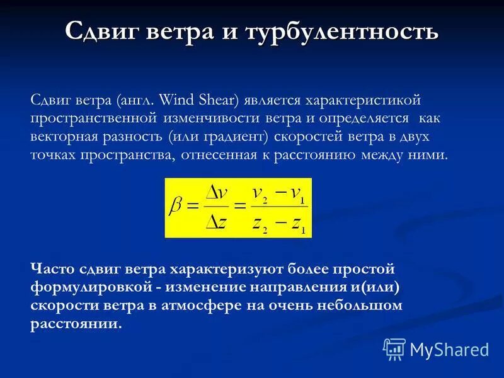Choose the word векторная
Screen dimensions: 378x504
pos(64,136)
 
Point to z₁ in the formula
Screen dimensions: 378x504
pos(297,222)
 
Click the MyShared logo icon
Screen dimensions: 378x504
pos(394,349)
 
